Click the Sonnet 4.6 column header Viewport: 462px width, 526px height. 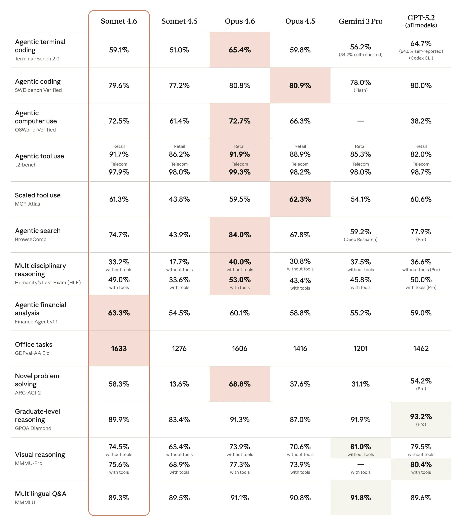coord(119,21)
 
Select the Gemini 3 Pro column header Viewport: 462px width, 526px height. coord(360,21)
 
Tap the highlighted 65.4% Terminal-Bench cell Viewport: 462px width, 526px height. coord(240,50)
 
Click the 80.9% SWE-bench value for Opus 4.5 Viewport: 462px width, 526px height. coord(300,85)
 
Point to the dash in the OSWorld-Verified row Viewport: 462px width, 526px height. coord(360,121)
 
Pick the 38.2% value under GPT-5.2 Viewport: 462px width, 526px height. coord(421,121)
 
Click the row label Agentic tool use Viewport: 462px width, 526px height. coord(39,156)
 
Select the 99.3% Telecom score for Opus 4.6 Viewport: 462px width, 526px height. coord(240,172)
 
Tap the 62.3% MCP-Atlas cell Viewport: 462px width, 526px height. coord(300,199)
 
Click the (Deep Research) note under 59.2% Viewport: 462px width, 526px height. coord(360,239)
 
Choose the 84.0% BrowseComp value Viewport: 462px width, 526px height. coord(240,235)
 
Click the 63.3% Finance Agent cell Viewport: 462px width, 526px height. coord(119,313)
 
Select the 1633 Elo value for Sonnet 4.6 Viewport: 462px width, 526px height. coord(119,348)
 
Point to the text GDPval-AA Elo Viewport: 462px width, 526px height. coord(32,353)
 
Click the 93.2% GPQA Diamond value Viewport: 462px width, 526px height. coord(421,416)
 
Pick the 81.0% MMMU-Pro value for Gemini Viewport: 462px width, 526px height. coord(360,447)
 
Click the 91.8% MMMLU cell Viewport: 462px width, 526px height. coord(360,498)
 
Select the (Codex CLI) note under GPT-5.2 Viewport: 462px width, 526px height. coord(421,58)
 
